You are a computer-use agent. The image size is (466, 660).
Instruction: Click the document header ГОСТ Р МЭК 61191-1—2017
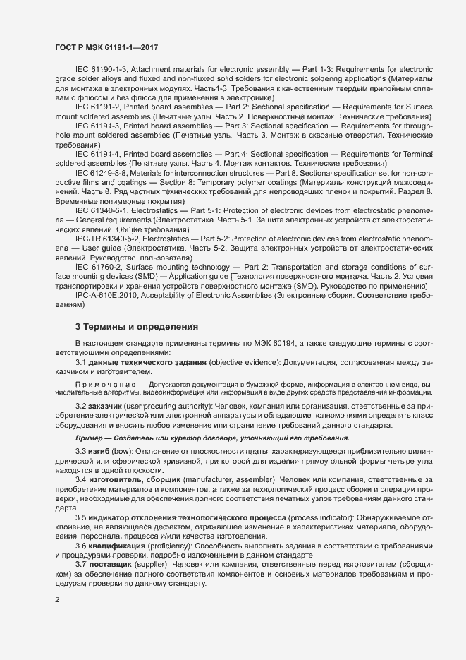(x=106, y=47)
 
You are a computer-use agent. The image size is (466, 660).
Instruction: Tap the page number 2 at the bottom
(x=57, y=600)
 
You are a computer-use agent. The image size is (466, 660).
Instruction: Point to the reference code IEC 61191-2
(x=98, y=104)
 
